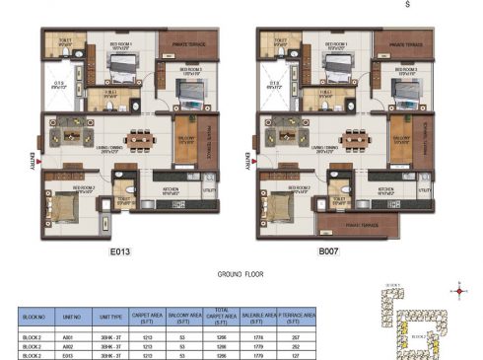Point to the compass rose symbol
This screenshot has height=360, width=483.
458,290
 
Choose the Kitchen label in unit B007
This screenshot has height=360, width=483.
385,185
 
